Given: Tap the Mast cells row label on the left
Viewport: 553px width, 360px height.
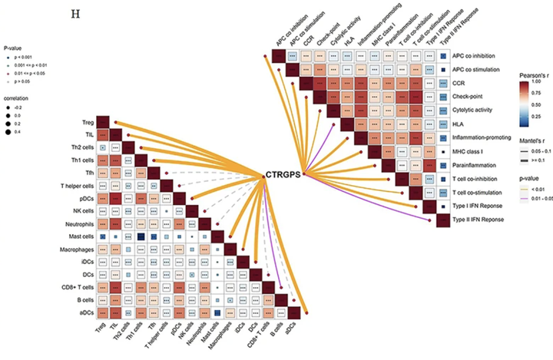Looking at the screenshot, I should click(x=78, y=236).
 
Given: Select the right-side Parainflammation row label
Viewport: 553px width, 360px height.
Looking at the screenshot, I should click(x=478, y=164).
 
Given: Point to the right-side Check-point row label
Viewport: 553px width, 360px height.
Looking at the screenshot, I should click(x=470, y=97).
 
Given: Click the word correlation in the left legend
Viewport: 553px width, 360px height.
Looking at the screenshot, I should click(x=18, y=101).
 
